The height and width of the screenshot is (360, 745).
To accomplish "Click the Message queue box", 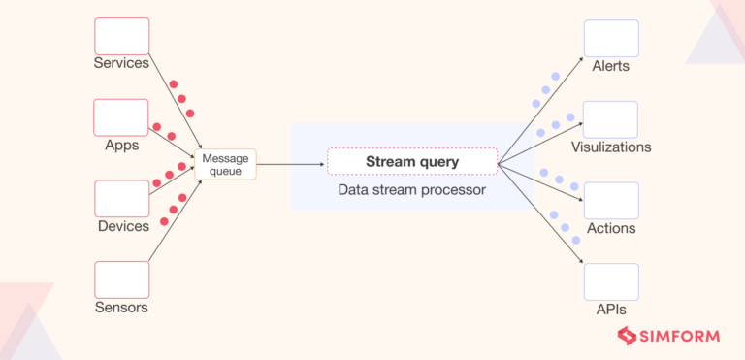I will [227, 164].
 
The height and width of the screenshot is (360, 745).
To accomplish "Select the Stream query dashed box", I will [412, 161].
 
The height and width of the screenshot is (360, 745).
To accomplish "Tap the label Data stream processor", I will [412, 190].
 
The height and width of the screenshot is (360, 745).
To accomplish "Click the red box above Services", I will [121, 36].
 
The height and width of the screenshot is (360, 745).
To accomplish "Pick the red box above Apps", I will [121, 117].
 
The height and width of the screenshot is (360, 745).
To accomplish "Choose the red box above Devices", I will [121, 198].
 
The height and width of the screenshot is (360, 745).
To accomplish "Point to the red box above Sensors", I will [121, 279].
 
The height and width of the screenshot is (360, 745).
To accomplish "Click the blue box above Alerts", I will [611, 38].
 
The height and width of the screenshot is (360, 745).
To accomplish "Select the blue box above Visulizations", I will [611, 119].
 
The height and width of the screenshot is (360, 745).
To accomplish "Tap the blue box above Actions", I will [611, 200].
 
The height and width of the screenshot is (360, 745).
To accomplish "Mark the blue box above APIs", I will [611, 281].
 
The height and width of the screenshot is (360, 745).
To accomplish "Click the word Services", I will [121, 64].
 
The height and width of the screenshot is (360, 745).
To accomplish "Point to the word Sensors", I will [121, 308].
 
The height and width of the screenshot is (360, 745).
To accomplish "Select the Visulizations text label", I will [611, 147].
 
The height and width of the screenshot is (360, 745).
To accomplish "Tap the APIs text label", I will [611, 310].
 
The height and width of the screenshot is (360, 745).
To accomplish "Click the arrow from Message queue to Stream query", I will [291, 164].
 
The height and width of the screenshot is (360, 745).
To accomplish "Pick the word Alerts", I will [611, 66].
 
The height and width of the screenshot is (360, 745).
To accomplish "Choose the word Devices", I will [121, 226].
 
